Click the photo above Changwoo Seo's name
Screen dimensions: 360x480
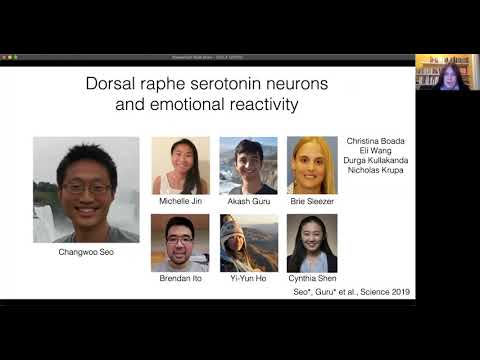tap(86, 189)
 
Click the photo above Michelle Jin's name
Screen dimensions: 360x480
tap(180, 165)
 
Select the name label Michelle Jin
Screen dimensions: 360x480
tap(180, 202)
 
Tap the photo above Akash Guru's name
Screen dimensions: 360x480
tap(248, 165)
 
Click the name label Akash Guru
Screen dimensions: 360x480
tap(248, 202)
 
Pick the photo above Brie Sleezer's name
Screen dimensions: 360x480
tap(312, 165)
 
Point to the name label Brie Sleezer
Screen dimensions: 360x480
tap(312, 202)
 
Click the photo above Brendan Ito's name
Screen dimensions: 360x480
tap(180, 243)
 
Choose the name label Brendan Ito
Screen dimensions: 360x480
tap(180, 280)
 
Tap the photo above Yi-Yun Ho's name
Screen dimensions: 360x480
tap(248, 243)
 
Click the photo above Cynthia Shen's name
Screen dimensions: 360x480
tap(312, 243)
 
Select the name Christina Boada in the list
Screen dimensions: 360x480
tap(375, 141)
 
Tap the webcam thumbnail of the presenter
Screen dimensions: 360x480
tap(447, 72)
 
